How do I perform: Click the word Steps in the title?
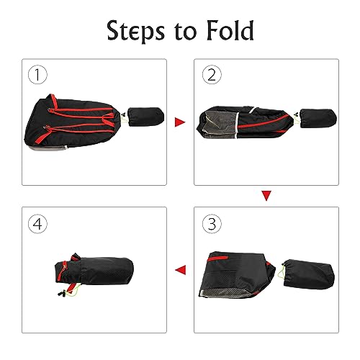135,32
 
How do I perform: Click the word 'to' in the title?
186,32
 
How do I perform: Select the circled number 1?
37,75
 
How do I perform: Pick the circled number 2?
212,75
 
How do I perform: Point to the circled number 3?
212,224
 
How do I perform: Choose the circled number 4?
37,224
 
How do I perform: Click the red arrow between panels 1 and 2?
180,122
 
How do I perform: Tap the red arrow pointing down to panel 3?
266,195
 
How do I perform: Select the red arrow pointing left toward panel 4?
181,270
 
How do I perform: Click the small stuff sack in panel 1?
146,117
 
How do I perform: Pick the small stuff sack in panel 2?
318,118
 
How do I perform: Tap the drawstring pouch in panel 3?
309,274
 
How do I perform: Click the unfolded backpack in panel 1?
74,123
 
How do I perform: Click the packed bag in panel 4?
94,271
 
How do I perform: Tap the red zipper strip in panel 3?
217,258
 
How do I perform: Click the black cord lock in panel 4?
62,293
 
